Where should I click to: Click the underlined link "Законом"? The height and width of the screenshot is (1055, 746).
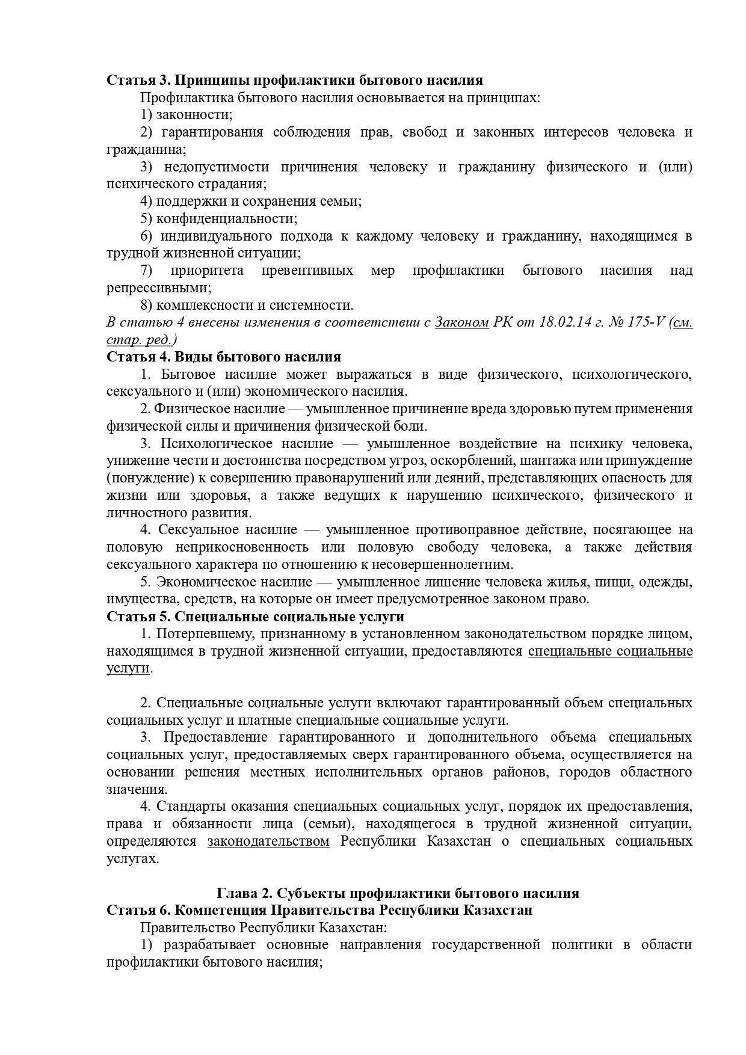[x=461, y=322]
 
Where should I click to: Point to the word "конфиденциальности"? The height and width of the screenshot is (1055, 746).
[x=227, y=218]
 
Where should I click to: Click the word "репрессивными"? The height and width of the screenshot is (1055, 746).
[x=158, y=288]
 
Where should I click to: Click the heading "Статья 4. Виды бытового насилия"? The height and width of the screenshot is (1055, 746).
[x=224, y=357]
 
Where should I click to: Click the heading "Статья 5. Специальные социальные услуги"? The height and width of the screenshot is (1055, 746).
[x=255, y=617]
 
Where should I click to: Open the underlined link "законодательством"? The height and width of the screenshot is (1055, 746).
[x=268, y=841]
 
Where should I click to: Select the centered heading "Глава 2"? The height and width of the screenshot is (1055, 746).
[x=397, y=893]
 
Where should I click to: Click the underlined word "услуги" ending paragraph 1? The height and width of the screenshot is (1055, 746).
[x=128, y=668]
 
